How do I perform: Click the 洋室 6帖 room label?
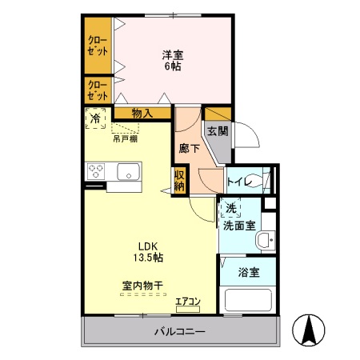(171, 61)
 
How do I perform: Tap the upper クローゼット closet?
(98, 45)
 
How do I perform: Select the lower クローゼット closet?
(98, 88)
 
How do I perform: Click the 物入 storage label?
(142, 114)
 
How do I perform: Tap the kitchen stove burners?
(97, 170)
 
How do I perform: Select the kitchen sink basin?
(128, 171)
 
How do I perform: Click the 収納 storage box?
(180, 180)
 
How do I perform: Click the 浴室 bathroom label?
(250, 272)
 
